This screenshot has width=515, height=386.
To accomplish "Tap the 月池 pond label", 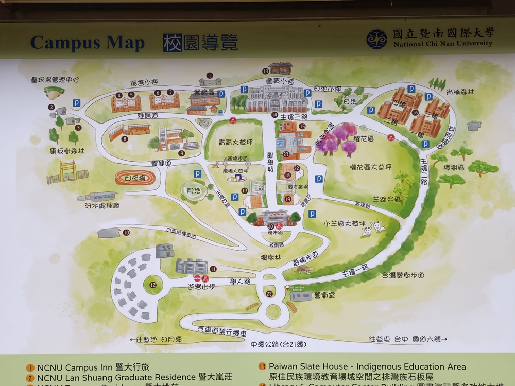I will point(190,190).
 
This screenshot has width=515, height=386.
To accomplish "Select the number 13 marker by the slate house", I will point(265,71).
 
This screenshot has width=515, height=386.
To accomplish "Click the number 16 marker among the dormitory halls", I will point(415,112).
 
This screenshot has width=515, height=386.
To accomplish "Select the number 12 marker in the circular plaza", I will point(152,285).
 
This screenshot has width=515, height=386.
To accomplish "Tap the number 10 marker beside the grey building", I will point(126,233).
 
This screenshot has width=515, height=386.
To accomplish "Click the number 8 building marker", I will point(125,138).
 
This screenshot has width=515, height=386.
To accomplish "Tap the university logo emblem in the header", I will point(376,40).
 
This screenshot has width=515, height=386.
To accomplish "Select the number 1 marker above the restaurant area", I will point(210,76).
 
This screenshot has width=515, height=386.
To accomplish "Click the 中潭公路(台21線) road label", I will point(277,344).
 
